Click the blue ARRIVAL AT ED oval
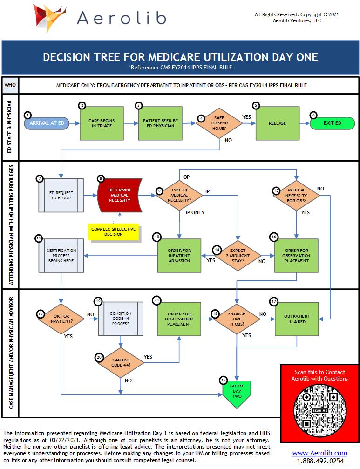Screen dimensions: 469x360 tap(46, 123)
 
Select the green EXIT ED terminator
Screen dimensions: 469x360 tap(332, 123)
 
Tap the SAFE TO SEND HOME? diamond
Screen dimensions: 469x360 tap(219, 123)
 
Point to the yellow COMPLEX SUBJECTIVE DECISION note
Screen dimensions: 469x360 tap(114, 231)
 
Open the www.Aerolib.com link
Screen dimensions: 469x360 tap(319, 453)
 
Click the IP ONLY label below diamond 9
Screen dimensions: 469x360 tap(195, 212)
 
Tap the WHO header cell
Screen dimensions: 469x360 tap(10, 85)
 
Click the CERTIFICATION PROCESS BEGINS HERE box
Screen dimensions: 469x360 tap(61, 255)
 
